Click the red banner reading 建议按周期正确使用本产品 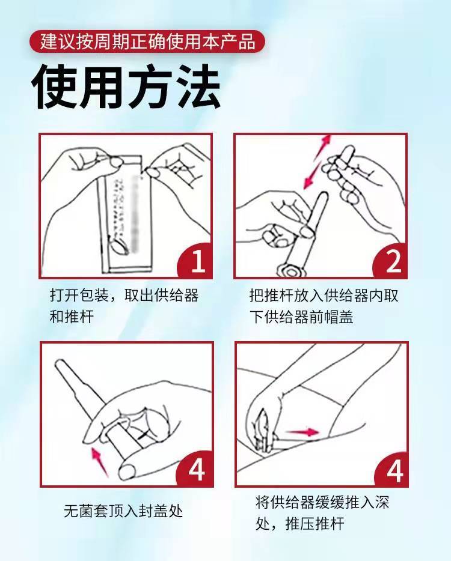point(147,41)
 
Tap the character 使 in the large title point(55,88)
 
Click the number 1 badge point(197,262)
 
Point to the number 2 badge point(393,262)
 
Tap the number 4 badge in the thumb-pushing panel point(197,470)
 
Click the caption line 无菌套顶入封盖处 point(123,511)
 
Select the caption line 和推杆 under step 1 point(72,317)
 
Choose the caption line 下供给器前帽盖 point(301,317)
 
